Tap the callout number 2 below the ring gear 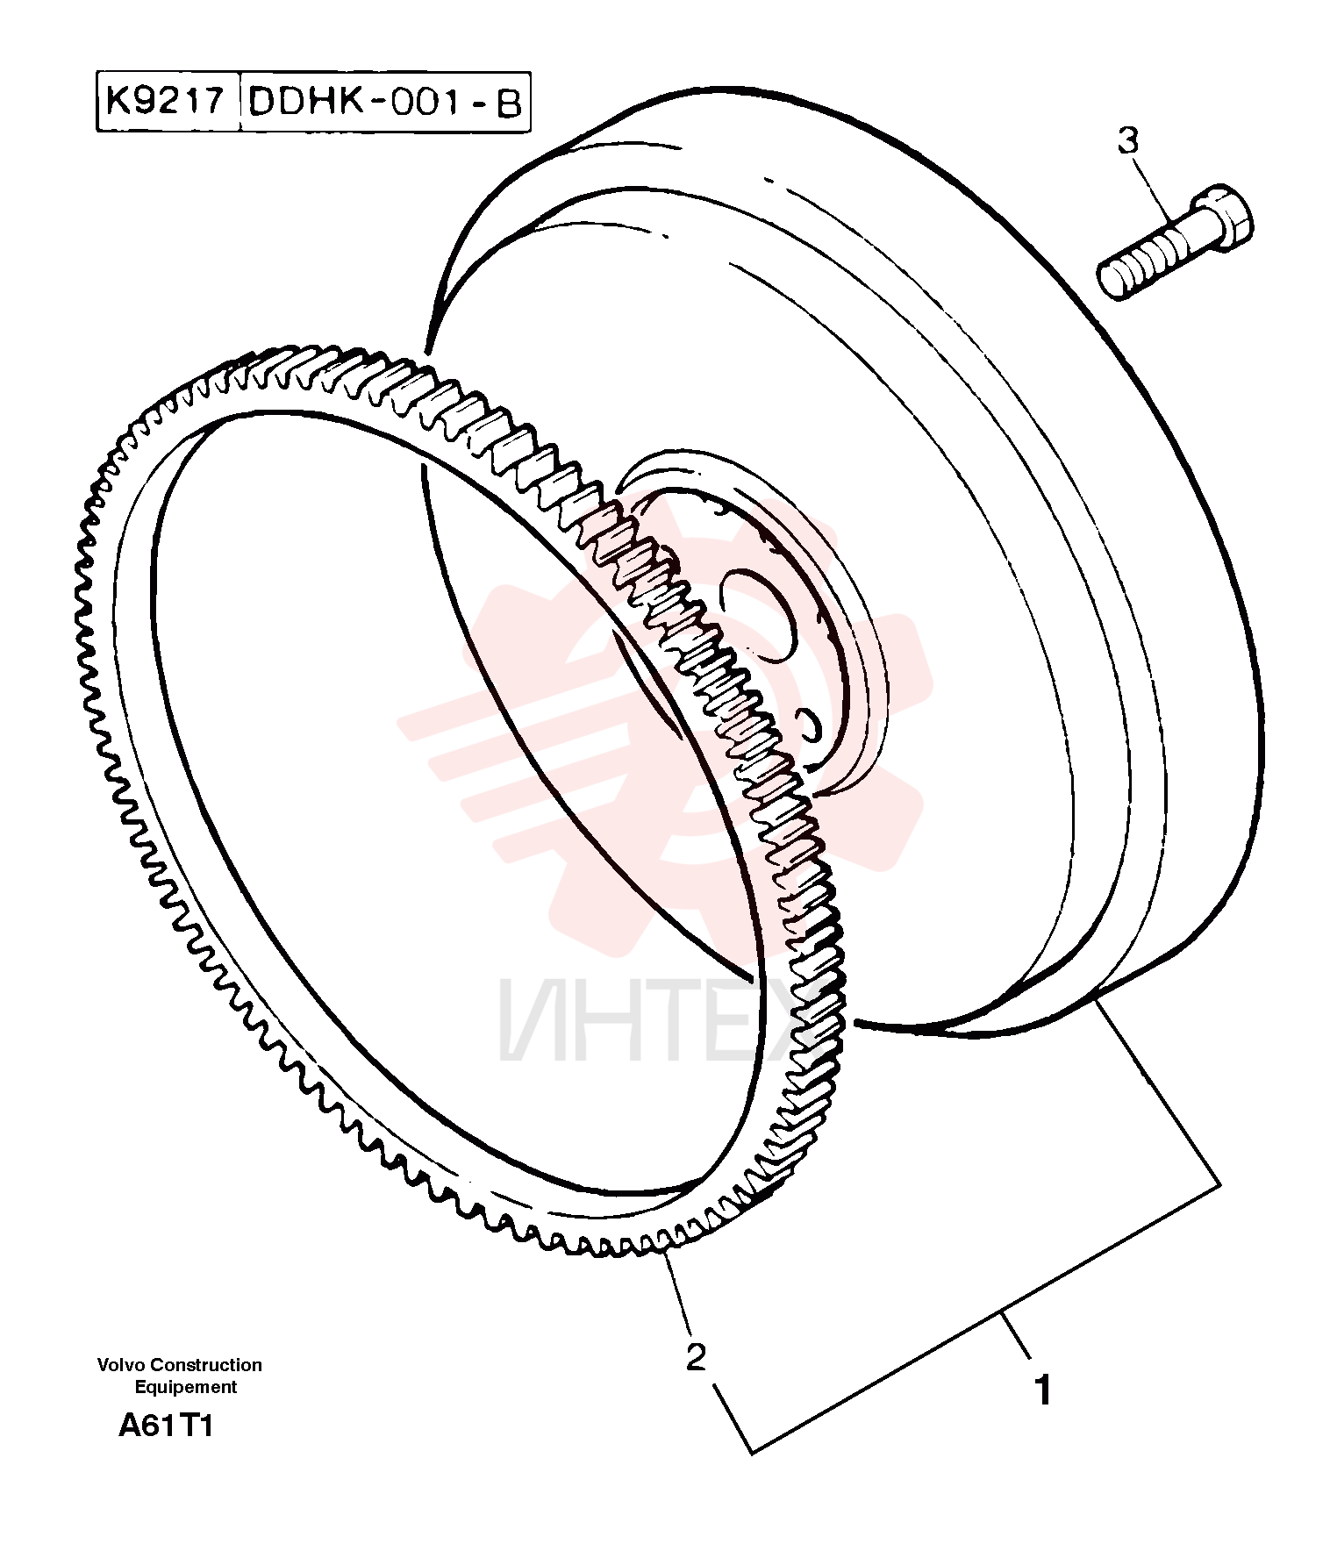click(696, 1357)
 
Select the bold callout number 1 click(1043, 1391)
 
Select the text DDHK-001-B click(385, 102)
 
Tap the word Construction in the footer click(205, 1365)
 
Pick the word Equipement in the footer click(185, 1387)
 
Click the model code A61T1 click(166, 1426)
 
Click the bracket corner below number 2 click(753, 1453)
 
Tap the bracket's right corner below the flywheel click(1219, 1185)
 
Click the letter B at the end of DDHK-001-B click(509, 103)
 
